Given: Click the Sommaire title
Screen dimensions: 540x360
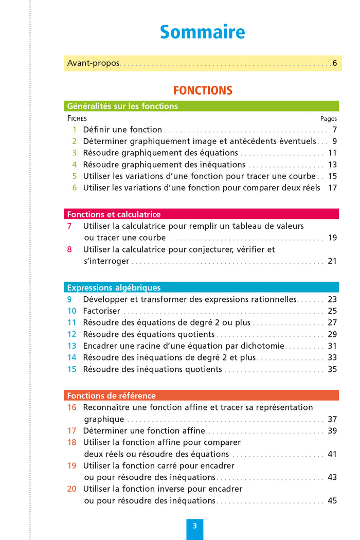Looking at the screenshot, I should coord(202,32).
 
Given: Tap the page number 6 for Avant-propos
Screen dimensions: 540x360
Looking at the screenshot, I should coord(334,64).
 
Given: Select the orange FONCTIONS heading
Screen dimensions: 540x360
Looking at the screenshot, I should coord(203,91).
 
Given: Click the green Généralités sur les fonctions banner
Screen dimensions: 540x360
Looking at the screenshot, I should coord(202,106).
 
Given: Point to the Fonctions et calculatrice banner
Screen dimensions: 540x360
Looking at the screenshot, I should coord(202,214).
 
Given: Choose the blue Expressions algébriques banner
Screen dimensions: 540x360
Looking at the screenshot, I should coord(202,288).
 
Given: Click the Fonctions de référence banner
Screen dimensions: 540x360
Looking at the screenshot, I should coord(202,396).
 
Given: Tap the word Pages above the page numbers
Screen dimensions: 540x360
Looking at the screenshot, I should coord(329,119).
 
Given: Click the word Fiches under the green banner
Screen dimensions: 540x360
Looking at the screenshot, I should coord(77,118).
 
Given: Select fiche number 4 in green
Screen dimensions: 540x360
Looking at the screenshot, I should coord(74,165).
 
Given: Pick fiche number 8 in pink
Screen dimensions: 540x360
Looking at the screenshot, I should coord(69,249).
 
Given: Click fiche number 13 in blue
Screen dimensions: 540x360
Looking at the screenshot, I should coord(71,346).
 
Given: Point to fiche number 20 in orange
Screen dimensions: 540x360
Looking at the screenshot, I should coord(71,489).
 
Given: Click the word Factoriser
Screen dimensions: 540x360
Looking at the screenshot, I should coord(102,311).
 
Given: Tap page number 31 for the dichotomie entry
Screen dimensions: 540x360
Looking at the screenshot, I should coord(332,346).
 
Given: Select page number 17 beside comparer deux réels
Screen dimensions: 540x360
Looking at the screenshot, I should coord(332,188).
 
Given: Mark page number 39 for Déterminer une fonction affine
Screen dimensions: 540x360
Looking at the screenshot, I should coord(332,431).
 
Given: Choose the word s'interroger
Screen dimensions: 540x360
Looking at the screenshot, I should coord(106,261).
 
